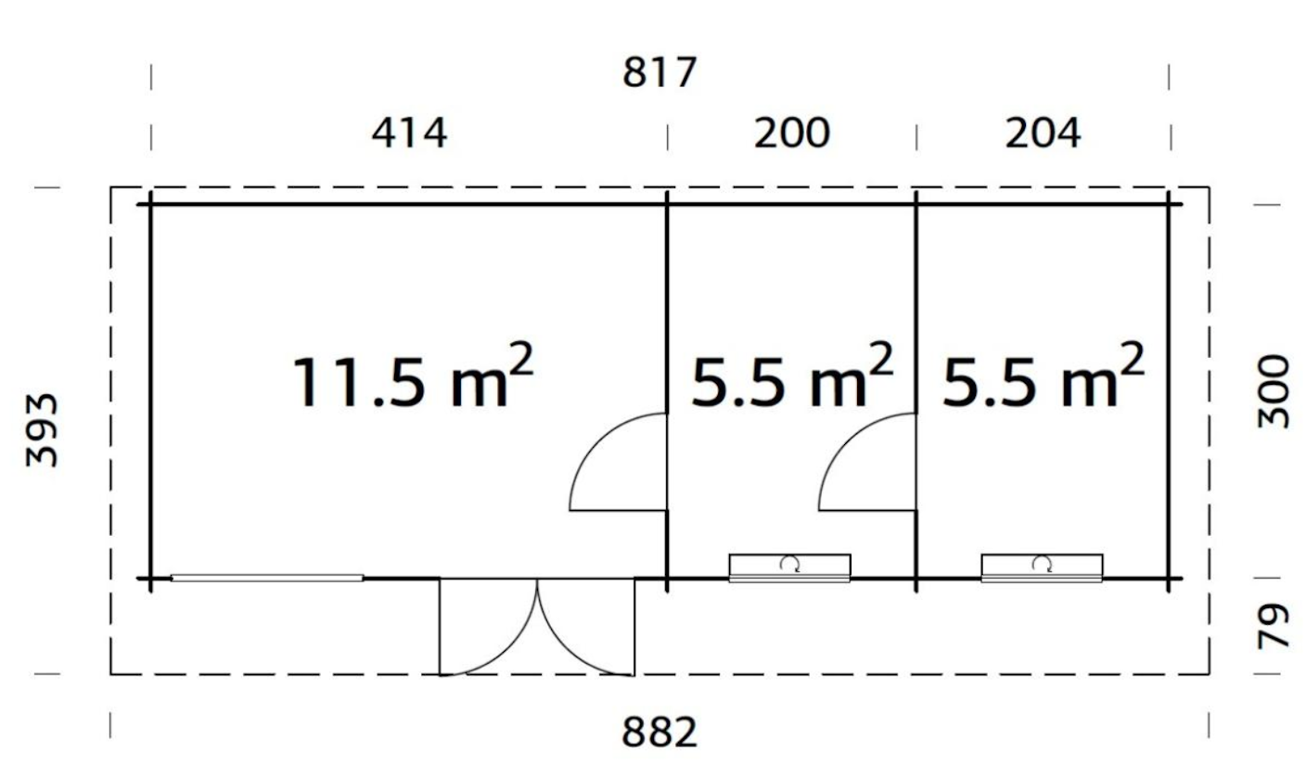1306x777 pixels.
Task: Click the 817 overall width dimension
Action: [659, 72]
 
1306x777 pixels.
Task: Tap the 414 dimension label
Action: [409, 133]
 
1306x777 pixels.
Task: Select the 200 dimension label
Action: [792, 133]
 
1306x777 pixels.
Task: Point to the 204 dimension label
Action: [1044, 133]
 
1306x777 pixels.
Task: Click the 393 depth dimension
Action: [42, 431]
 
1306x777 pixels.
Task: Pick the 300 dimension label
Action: [1272, 391]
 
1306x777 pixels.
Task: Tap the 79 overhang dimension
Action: [1273, 626]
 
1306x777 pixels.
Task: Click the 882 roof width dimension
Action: [659, 732]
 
